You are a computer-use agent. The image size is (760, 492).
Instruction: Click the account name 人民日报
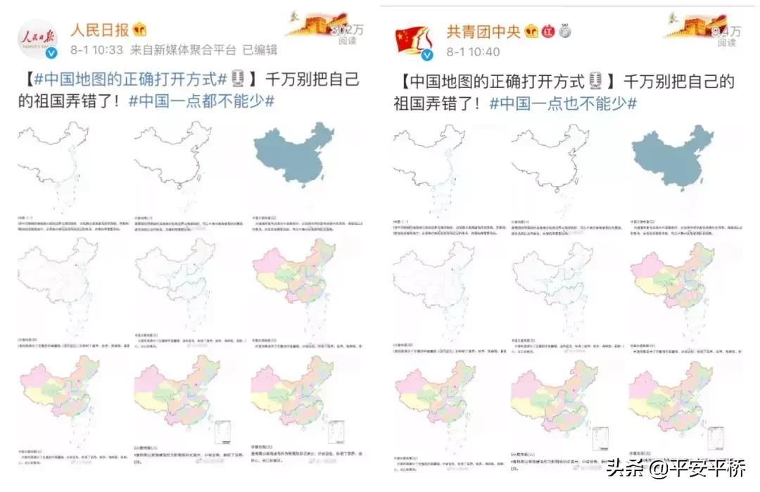pyautogui.click(x=99, y=30)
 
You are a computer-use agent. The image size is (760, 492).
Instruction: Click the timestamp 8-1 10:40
pyautogui.click(x=473, y=51)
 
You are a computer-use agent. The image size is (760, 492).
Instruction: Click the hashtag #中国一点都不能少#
pyautogui.click(x=201, y=101)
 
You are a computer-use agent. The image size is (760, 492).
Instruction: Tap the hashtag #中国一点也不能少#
pyautogui.click(x=563, y=103)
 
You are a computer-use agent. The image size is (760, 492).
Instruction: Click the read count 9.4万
pyautogui.click(x=726, y=31)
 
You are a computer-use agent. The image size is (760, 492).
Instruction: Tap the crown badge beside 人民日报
pyautogui.click(x=141, y=30)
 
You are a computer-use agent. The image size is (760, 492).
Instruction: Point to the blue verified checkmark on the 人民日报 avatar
pyautogui.click(x=51, y=53)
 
